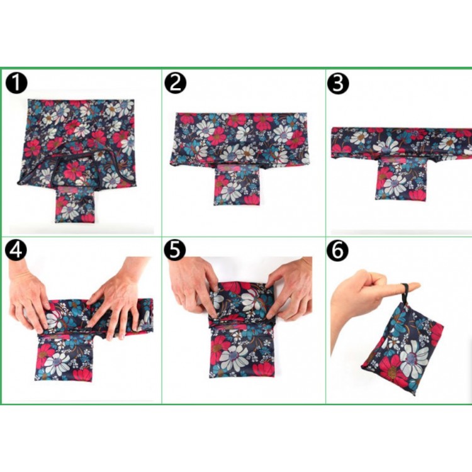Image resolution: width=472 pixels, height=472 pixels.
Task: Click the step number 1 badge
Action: pyautogui.click(x=16, y=83)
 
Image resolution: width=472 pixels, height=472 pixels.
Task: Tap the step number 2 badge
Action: pyautogui.click(x=175, y=83)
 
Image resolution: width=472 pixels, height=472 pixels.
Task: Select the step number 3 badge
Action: pyautogui.click(x=338, y=83)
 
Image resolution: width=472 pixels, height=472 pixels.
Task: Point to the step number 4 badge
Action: pyautogui.click(x=16, y=250)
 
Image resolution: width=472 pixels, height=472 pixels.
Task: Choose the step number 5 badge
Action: pyautogui.click(x=175, y=250)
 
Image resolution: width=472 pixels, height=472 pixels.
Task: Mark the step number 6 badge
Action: pyautogui.click(x=338, y=250)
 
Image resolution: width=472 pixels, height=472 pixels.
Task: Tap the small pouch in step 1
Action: pyautogui.click(x=75, y=205)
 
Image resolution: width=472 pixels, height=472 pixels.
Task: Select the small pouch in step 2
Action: pyautogui.click(x=237, y=185)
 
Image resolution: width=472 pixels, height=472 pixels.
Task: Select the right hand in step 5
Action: pyautogui.click(x=289, y=289)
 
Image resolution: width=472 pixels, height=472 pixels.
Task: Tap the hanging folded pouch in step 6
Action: pyautogui.click(x=403, y=349)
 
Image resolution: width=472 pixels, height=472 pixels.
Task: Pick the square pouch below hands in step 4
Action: pyautogui.click(x=64, y=357)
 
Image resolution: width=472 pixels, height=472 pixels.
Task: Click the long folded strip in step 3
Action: pyautogui.click(x=402, y=142)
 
